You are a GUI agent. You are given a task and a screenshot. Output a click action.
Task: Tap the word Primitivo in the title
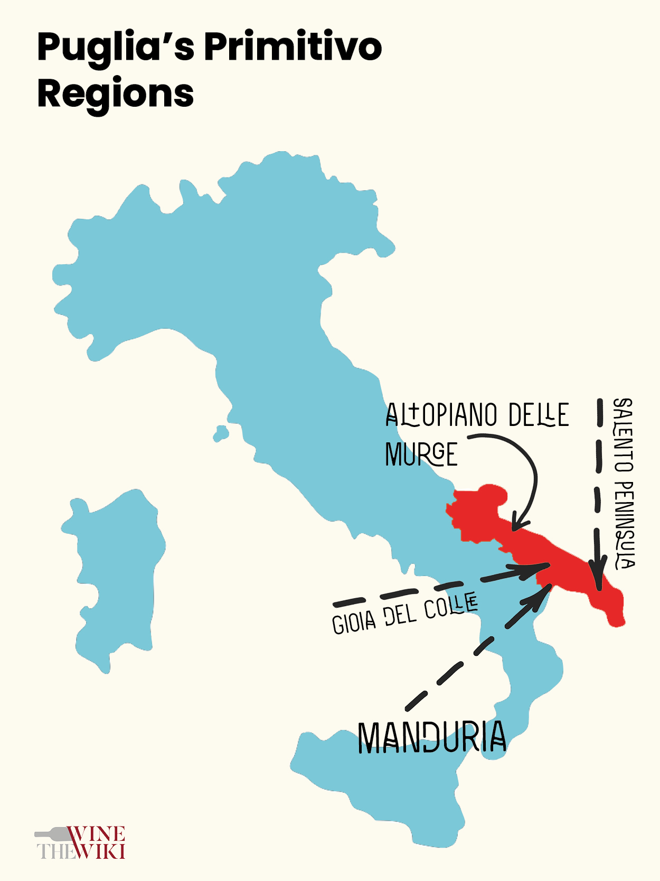[x=293, y=48]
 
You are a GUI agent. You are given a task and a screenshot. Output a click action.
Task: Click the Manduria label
[x=432, y=737]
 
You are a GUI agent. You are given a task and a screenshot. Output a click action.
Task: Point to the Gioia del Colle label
[x=404, y=614]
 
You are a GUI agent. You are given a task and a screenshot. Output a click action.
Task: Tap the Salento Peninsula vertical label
[x=624, y=483]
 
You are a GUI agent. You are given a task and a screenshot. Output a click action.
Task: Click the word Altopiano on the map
[x=441, y=415]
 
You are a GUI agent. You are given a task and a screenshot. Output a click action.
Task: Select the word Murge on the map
[x=421, y=455]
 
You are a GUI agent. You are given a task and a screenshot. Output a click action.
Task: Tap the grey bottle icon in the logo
[x=53, y=834]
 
